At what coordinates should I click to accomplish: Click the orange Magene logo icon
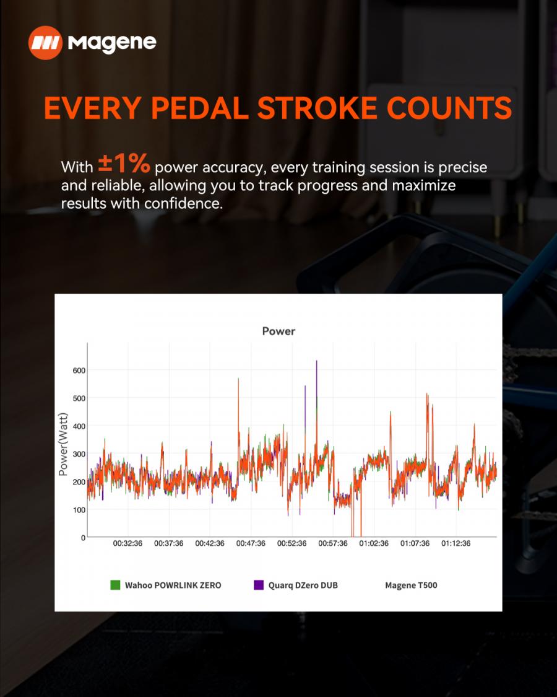[45, 43]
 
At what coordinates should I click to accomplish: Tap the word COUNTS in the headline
[449, 108]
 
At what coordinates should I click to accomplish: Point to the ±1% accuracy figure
[124, 164]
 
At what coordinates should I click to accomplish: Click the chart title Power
[278, 331]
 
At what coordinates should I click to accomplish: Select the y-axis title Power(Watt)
[63, 444]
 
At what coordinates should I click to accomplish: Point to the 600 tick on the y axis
[79, 370]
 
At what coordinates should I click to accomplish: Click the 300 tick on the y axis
[79, 454]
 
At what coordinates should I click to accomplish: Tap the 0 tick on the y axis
[83, 538]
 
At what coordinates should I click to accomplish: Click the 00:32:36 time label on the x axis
[128, 543]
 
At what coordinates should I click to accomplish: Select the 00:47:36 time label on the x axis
[251, 543]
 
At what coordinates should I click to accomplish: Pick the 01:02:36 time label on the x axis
[374, 543]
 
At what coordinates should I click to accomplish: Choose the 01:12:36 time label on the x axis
[456, 543]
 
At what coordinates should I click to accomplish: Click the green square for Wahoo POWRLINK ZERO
[115, 585]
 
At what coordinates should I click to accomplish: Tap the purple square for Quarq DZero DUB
[259, 585]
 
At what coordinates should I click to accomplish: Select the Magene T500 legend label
[412, 585]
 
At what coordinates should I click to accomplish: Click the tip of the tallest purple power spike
[317, 361]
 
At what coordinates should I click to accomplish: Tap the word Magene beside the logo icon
[112, 43]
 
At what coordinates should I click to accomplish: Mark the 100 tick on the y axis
[79, 510]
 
